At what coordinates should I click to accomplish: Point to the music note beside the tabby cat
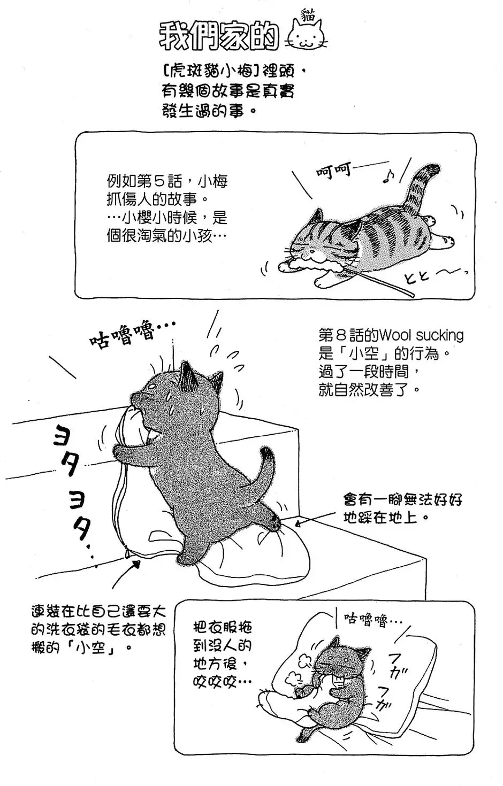tap(389, 176)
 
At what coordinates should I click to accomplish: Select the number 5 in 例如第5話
tap(177, 181)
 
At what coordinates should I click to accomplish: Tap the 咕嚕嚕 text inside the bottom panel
tap(373, 620)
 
